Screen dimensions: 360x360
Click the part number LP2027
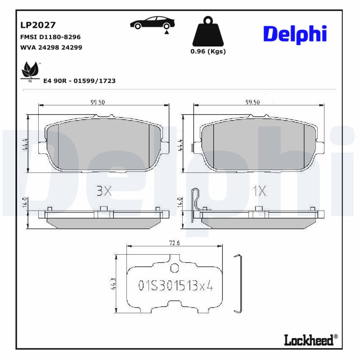pos(38,25)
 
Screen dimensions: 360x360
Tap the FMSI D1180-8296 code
pos(51,37)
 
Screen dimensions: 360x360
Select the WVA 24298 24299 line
pos(51,47)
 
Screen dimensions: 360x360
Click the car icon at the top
pos(153,23)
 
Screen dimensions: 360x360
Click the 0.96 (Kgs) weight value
pos(208,51)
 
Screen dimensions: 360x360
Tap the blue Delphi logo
pos(294,34)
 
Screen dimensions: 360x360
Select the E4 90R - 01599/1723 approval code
pos(79,81)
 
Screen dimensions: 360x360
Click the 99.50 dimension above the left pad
pos(97,102)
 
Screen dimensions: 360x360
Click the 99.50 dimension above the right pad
pos(252,102)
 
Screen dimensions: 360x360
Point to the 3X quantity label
pos(103,191)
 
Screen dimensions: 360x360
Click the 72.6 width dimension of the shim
pos(175,243)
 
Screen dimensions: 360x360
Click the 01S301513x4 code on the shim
pos(175,286)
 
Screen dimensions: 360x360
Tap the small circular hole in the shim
pos(175,269)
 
